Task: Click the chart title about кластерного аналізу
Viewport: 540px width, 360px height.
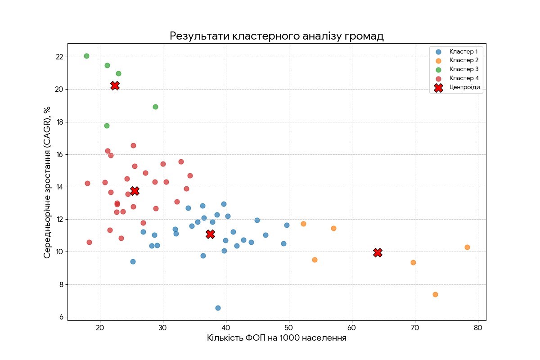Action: [276, 36]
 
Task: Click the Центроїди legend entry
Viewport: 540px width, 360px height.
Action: [465, 88]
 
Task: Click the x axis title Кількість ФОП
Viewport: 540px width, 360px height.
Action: [276, 338]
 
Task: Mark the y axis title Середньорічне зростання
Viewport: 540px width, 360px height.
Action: [47, 182]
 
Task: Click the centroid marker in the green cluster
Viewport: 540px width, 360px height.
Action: [115, 85]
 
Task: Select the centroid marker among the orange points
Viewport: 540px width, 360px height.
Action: [378, 253]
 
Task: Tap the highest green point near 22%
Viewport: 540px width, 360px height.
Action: [86, 56]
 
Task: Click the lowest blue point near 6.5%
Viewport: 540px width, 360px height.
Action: [218, 308]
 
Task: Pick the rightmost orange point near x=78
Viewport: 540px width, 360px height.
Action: [467, 247]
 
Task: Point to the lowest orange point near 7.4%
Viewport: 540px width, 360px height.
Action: [435, 294]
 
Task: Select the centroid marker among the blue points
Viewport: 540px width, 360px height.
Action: [210, 234]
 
